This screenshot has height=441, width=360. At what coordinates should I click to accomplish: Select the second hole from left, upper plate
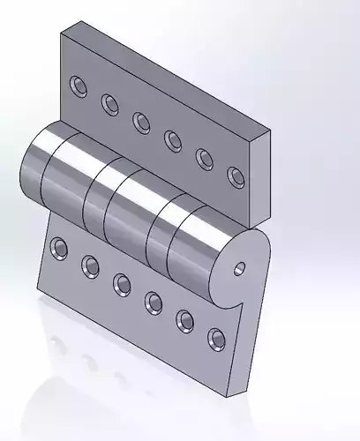click(110, 104)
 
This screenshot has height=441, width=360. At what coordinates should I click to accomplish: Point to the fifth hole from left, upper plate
click(205, 158)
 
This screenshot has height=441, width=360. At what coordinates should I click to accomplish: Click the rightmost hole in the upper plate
click(236, 176)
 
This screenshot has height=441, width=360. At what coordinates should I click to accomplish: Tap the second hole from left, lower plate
click(90, 265)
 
